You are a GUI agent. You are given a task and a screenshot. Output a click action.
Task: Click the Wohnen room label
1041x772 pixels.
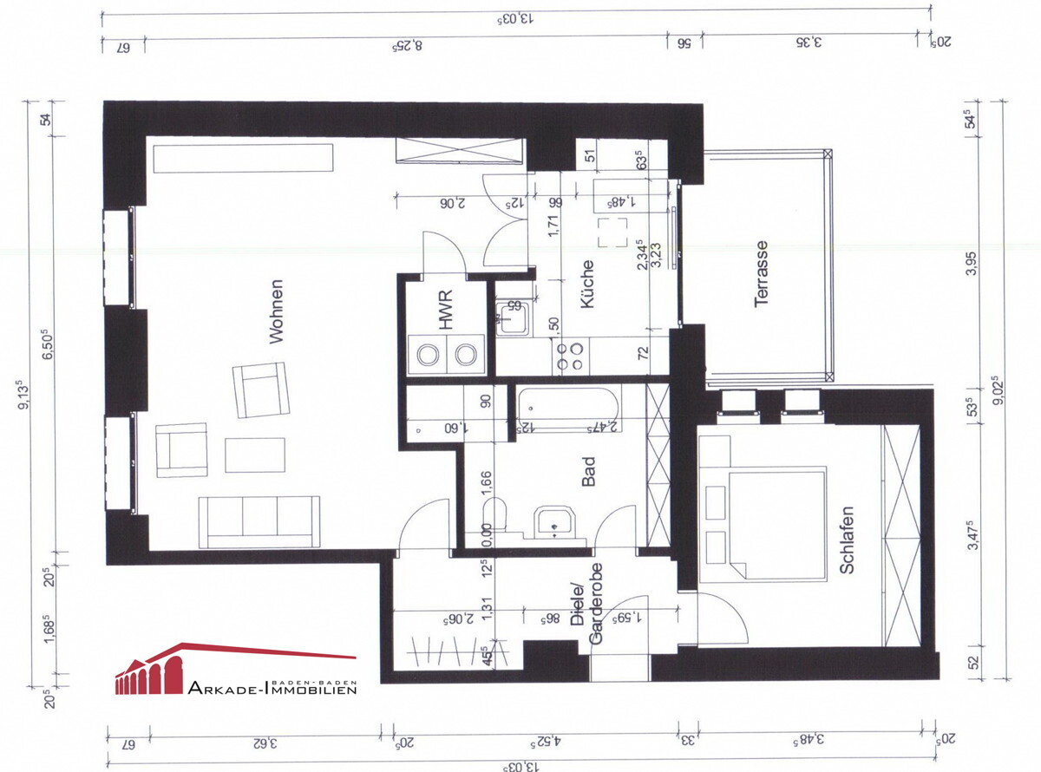coord(277,311)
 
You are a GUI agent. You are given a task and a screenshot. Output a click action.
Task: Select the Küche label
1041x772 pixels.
coord(587,285)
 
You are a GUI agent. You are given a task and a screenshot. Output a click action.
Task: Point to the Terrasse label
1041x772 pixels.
coord(763,274)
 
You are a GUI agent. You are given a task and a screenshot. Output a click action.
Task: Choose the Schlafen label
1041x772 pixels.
coord(848,540)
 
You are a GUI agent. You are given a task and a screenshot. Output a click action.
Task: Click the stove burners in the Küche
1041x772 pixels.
coord(570,355)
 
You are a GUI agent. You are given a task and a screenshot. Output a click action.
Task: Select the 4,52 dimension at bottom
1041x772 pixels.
coord(545,743)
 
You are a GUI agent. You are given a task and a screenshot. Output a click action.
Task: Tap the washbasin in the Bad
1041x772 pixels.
coord(552,521)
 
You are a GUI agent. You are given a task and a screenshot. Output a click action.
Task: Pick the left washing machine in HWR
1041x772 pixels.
coord(428,354)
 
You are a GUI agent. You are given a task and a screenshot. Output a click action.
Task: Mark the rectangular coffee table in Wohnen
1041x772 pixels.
coord(255,455)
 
